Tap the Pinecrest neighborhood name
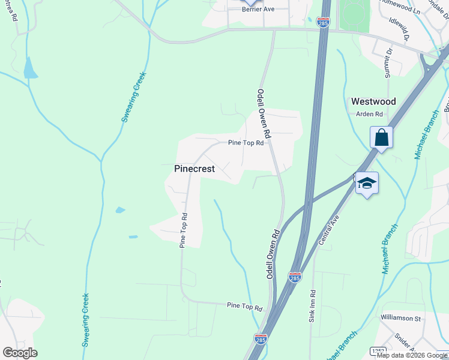coord(194,169)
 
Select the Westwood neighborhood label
coord(373,101)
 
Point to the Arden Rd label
coord(369,114)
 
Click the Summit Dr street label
coord(388,62)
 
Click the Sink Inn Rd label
coord(312,307)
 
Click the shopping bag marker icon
coord(381,137)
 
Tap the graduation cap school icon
coord(366,183)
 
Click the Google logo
coord(20,353)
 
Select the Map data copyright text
coord(412,355)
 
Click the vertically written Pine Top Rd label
coord(184,230)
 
